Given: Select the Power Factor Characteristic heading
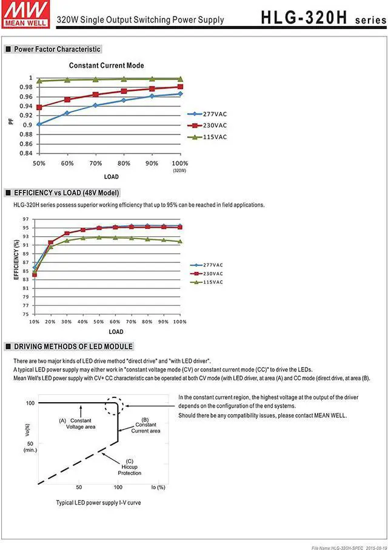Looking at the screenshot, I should coord(57,49).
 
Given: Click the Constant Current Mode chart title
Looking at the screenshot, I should coord(106,65).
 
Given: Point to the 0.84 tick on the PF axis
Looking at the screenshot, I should coord(25,153).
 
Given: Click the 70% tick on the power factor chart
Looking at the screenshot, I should coord(95,164).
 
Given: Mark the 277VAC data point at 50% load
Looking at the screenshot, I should coord(39,124).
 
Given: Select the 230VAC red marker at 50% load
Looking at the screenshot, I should coord(39,107).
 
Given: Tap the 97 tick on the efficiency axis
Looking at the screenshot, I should coord(25,219).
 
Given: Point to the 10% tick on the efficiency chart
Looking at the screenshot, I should coord(34,321).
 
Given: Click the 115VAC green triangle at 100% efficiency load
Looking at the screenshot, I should coord(179,242).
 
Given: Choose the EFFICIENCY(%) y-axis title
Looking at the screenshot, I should coord(16,259).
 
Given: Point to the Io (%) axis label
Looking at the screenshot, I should coord(157,487).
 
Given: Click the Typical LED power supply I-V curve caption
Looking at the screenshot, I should coord(98,503).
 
